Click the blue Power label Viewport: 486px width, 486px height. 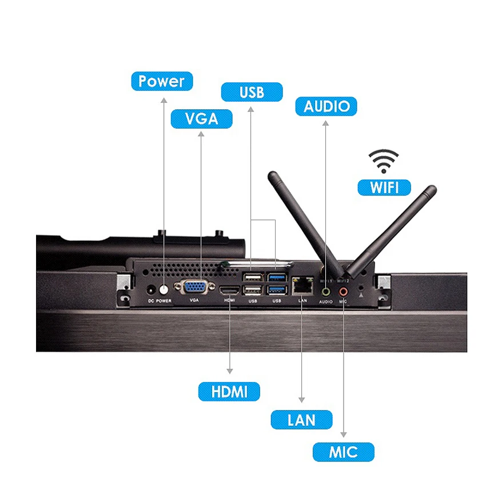coord(162,81)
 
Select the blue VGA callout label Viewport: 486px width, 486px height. coord(202,118)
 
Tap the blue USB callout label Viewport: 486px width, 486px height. coord(252,92)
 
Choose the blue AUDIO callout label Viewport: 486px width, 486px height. coord(326,106)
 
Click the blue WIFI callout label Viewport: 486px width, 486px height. coord(384,187)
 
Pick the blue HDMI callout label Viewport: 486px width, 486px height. coord(229,392)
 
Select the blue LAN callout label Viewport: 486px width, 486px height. coord(301,420)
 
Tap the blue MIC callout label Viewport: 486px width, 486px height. coord(343,452)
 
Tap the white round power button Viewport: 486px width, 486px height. coord(164,289)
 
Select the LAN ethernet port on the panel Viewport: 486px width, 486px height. coord(302,283)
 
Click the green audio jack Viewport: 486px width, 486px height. coord(326,291)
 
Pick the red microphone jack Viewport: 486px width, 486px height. coord(343,291)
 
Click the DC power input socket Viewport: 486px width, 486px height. coord(151,289)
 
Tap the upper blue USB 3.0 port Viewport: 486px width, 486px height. coord(277,278)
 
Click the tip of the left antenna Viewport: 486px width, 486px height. coord(273,176)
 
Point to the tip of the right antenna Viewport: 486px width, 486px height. coord(432,189)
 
